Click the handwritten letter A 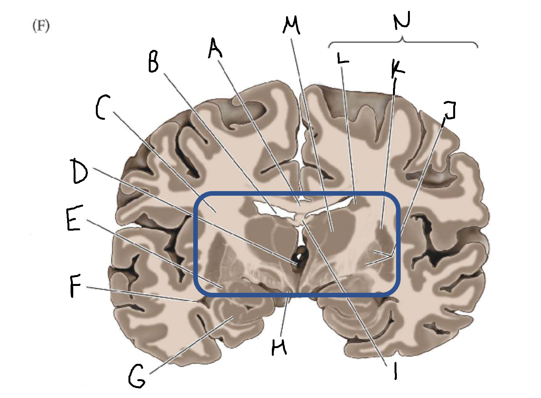tap(215, 49)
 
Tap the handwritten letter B tap(153, 63)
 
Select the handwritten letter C tap(103, 107)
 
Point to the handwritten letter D tap(80, 171)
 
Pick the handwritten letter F tap(75, 286)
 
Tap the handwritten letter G tap(137, 376)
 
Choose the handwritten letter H tap(279, 347)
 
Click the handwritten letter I tap(395, 371)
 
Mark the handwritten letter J tap(449, 110)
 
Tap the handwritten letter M tap(291, 25)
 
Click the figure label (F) tap(41, 26)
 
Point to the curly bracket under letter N tap(403, 41)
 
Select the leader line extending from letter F tap(142, 293)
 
